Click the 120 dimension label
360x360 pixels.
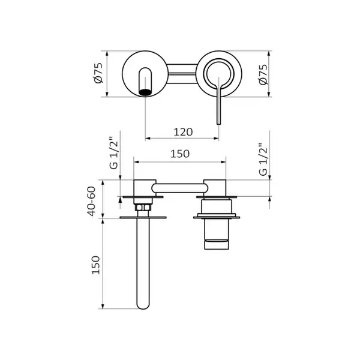[183, 132]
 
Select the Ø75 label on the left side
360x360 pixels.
[99, 73]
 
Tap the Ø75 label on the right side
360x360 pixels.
[263, 74]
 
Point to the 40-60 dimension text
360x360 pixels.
[91, 202]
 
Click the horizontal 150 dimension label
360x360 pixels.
[180, 154]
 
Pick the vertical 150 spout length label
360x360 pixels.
[96, 265]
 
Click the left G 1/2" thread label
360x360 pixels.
[114, 153]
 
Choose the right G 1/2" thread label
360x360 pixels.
[263, 160]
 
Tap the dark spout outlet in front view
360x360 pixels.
[145, 92]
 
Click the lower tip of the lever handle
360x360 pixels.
[219, 123]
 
